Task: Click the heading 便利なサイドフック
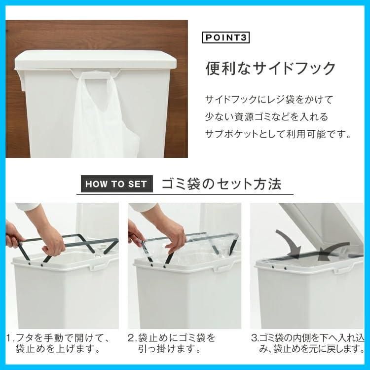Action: tap(270, 68)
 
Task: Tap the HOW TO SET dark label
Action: tap(116, 184)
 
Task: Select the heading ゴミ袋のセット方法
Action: tap(222, 184)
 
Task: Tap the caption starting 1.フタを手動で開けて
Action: tap(59, 344)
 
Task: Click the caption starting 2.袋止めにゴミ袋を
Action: tap(173, 344)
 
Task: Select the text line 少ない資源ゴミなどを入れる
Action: tap(266, 117)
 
